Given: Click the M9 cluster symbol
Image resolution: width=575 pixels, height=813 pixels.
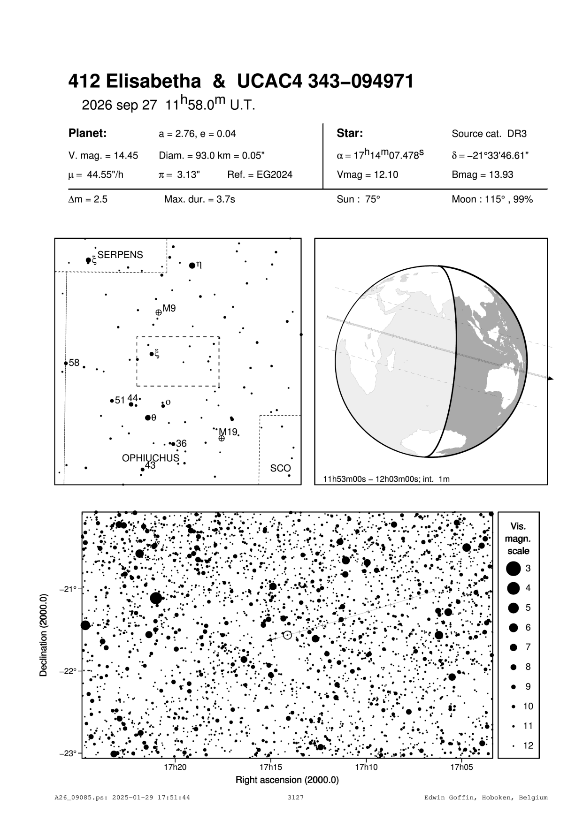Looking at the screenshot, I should click(159, 312).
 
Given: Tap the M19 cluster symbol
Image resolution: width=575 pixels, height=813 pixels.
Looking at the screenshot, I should click(222, 438).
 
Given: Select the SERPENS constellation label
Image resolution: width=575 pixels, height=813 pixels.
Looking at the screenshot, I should click(120, 255).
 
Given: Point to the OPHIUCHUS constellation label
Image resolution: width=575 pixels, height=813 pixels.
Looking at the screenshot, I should click(150, 458).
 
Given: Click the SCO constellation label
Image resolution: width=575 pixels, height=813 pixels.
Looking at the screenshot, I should click(280, 468).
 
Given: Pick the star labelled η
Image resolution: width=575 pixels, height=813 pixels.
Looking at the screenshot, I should click(192, 266).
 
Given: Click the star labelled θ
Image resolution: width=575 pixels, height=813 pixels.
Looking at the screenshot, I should click(148, 418).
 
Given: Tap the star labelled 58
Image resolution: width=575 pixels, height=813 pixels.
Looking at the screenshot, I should click(66, 363).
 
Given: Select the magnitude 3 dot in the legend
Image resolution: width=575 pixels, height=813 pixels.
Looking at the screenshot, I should click(514, 569).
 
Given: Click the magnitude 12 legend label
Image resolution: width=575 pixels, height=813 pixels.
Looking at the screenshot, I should click(528, 745).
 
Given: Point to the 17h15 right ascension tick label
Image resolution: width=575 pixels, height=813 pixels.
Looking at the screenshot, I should click(271, 767).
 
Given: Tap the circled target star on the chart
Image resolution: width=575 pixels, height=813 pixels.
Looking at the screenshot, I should click(287, 635).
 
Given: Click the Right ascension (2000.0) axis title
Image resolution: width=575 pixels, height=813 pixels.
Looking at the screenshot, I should click(287, 780).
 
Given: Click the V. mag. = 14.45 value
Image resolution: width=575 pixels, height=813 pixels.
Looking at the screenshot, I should click(103, 156).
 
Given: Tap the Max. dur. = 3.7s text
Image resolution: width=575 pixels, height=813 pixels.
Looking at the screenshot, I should click(199, 199).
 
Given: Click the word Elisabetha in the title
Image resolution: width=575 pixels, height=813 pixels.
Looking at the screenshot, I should click(153, 82).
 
